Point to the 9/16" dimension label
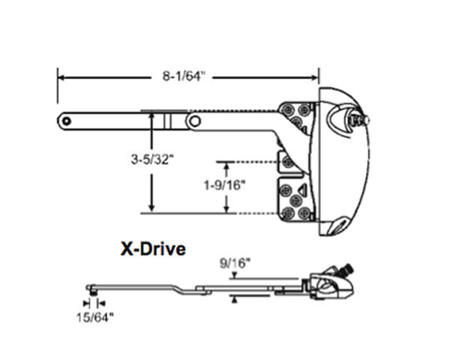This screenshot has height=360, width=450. coord(235,263)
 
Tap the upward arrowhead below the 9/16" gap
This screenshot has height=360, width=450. coord(235,298)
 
